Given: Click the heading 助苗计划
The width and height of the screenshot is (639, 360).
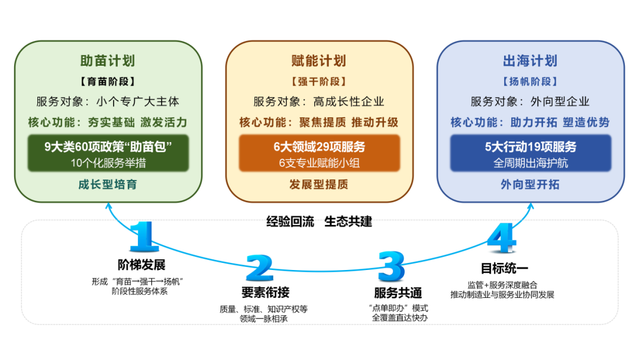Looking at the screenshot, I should [107, 61].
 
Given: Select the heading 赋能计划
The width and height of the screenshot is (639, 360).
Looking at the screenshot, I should [319, 61].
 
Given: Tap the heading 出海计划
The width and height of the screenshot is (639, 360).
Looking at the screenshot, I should [530, 61].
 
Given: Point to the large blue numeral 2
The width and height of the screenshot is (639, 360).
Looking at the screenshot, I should [259, 268].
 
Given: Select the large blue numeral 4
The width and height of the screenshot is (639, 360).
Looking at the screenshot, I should [502, 239].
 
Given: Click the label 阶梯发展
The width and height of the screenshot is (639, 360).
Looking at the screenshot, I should [141, 265].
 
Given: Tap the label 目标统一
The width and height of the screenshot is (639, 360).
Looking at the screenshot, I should [504, 268].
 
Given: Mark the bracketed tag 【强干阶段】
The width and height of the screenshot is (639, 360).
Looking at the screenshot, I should [319, 82].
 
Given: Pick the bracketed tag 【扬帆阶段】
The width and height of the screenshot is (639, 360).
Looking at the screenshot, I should [530, 82].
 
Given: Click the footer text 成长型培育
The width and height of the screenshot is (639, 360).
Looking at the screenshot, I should [108, 184].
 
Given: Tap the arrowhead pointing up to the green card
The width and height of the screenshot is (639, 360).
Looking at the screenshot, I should [109, 206].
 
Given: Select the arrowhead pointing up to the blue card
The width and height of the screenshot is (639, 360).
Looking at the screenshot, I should [530, 206].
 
